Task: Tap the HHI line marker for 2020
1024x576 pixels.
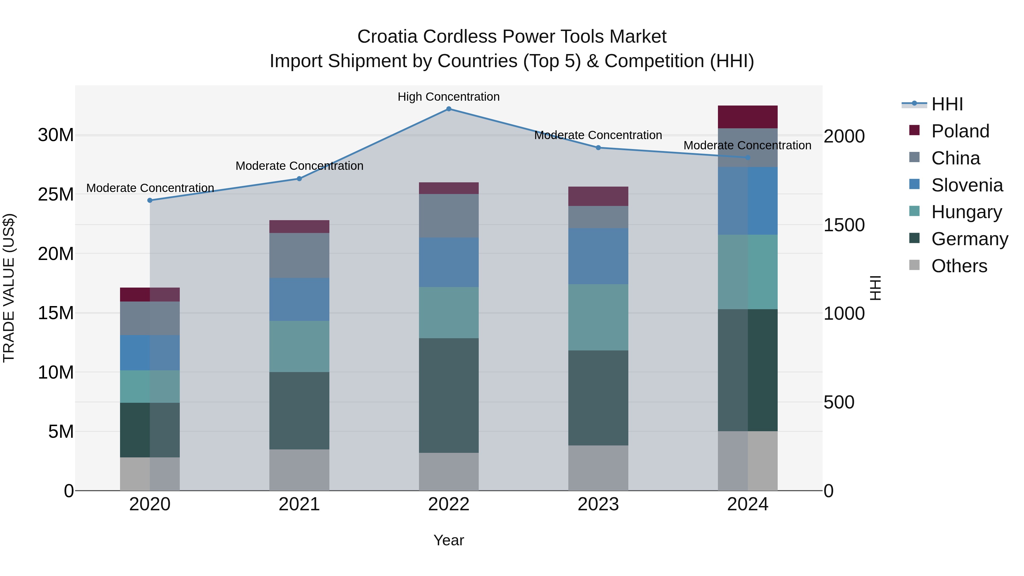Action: [150, 200]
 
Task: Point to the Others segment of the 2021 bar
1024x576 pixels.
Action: [299, 470]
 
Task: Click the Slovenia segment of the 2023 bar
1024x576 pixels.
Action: [598, 256]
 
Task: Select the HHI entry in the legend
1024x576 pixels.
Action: [947, 104]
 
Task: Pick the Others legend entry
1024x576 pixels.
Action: [959, 266]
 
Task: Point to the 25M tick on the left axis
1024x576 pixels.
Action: [56, 194]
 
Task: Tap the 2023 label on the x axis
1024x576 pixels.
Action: [598, 504]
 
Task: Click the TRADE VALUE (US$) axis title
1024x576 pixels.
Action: [9, 288]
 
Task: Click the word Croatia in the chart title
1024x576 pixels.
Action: [387, 37]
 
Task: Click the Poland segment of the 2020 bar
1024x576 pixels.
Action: [150, 295]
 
